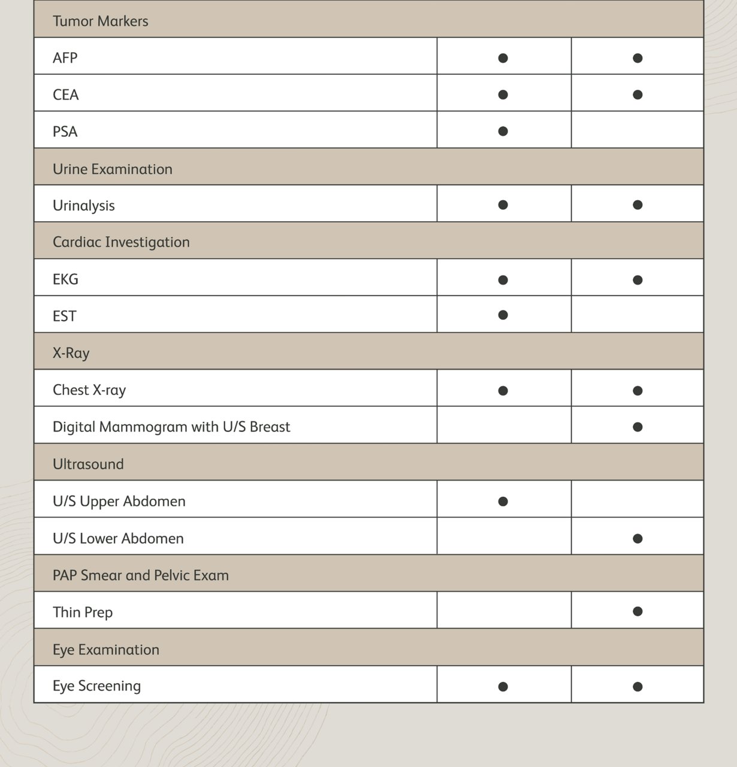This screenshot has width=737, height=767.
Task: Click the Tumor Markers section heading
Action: pos(100,21)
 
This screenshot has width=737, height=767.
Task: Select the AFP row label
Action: pos(65,58)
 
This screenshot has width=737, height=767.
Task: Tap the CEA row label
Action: pos(65,95)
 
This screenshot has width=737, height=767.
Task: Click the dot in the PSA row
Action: pos(503,131)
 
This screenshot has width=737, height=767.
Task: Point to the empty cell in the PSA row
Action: pos(637,130)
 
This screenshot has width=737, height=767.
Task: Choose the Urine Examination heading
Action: pos(112,169)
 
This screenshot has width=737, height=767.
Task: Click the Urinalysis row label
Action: pos(83,206)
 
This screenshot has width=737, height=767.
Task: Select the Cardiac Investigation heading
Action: pos(121,242)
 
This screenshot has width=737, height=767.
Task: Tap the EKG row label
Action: pos(65,279)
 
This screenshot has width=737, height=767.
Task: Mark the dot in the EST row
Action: pos(503,315)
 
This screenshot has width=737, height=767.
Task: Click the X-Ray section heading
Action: pos(71,353)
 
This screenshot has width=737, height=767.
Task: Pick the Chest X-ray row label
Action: pos(89,390)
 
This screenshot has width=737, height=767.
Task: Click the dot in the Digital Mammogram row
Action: pos(638,427)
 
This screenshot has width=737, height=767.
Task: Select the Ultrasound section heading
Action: pos(88,464)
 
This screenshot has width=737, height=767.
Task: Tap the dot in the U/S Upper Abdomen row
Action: pos(503,502)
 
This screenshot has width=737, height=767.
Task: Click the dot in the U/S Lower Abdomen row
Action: pos(638,539)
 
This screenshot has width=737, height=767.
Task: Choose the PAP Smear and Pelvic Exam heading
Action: pos(140,575)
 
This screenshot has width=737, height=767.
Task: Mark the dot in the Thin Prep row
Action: pos(638,611)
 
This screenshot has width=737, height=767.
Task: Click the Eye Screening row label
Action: pos(96,686)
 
